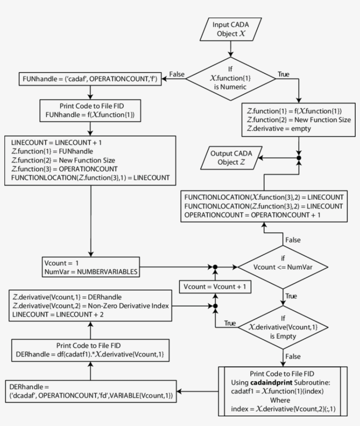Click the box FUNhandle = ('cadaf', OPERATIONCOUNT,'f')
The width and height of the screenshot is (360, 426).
tap(90, 80)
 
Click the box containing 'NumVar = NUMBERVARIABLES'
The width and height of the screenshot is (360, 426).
tap(90, 267)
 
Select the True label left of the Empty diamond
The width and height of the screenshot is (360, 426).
tap(230, 323)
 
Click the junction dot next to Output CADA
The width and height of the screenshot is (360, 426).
tap(299, 157)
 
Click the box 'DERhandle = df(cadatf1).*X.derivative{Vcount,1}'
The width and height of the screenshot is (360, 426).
tap(90, 351)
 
